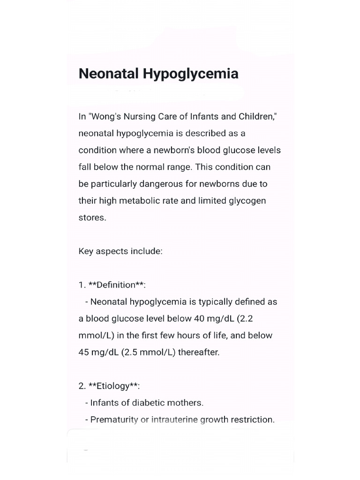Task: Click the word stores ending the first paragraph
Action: tap(92, 217)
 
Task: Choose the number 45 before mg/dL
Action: tap(84, 352)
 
